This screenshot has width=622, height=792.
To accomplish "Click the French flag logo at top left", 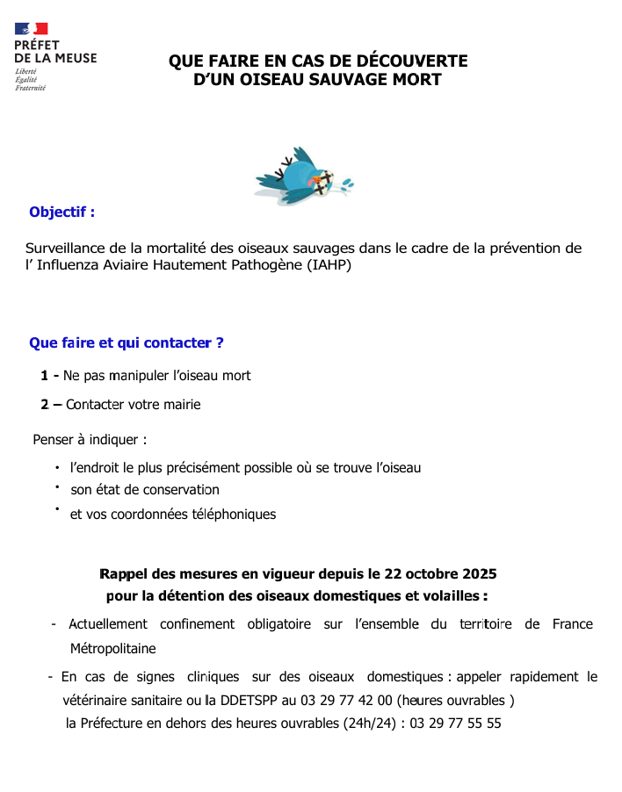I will tap(32, 29).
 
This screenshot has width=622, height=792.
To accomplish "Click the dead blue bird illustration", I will tap(303, 176).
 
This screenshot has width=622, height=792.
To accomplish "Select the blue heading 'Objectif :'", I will tap(61, 212).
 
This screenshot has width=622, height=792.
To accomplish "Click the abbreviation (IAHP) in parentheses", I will tap(329, 265).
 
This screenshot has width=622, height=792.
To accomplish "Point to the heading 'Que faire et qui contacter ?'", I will tap(126, 343).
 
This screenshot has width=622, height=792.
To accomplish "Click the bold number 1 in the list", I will tap(45, 376).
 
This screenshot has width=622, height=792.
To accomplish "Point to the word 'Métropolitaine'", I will tap(112, 649).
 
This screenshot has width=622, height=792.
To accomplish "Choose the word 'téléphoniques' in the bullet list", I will tap(233, 515).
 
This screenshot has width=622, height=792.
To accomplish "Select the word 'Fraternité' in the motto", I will tap(30, 88).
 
